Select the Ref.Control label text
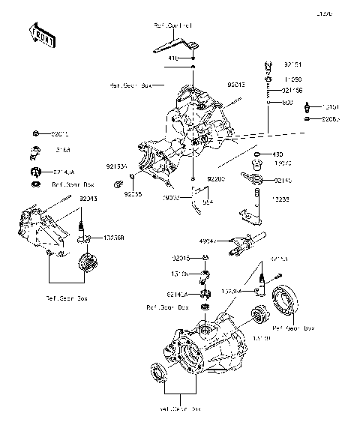pos(172,26)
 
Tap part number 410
pos(173,58)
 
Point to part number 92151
pos(292,65)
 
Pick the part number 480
pos(277,153)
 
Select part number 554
pos(208,202)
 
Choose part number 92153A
pos(117,167)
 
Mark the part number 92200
pos(216,179)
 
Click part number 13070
pos(283,163)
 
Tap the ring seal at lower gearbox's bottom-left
pos(160,373)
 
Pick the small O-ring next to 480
pos(256,154)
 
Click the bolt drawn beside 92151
pos(268,67)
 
